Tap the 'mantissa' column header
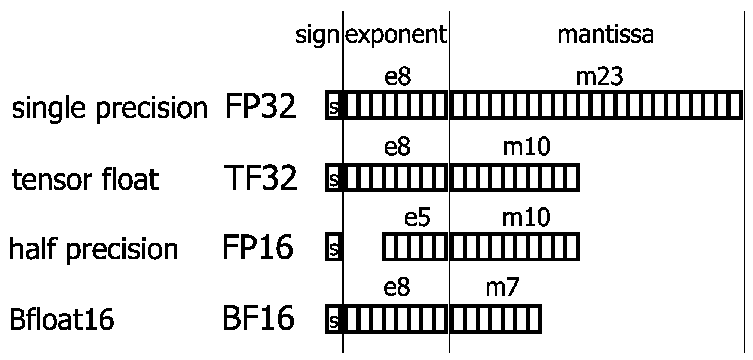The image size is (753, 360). [x=606, y=35]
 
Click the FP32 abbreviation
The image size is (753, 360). [x=260, y=107]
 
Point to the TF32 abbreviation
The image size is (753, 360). [x=261, y=178]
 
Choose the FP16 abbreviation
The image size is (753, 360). [x=257, y=247]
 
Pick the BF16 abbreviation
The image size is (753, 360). [x=258, y=319]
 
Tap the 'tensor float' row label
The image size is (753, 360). [x=85, y=180]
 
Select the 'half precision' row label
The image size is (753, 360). [x=94, y=249]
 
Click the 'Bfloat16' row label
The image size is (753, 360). [x=61, y=320]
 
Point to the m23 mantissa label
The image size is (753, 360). [x=599, y=77]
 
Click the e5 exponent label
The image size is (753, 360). [x=417, y=218]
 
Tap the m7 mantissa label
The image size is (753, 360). [x=502, y=288]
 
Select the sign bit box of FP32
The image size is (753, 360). [x=333, y=105]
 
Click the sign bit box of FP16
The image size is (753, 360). [x=333, y=246]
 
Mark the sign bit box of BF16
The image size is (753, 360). [x=333, y=319]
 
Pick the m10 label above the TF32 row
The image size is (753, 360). [x=526, y=147]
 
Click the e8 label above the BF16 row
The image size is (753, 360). [x=397, y=288]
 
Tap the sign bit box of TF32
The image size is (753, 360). [x=333, y=177]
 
